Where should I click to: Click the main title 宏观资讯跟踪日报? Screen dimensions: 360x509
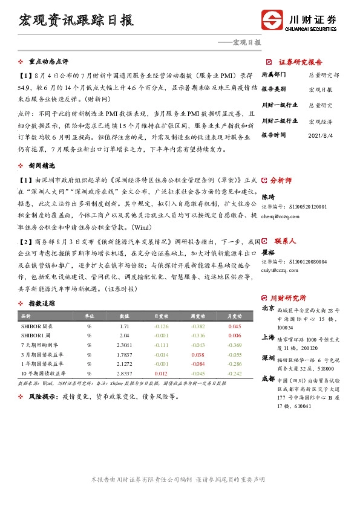pos(76,19)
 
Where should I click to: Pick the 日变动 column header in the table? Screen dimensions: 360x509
pos(160,316)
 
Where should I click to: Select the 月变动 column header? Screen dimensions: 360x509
pos(234,316)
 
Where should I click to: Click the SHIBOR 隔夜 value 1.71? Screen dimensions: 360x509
pos(124,326)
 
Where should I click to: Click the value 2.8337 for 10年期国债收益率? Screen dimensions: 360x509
pos(124,374)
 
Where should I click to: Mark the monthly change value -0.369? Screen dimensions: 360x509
pos(234,344)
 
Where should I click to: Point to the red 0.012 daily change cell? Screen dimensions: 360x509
pos(160,374)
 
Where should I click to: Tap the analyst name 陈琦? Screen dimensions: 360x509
pos(267,197)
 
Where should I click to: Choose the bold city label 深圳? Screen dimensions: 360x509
pos(267,358)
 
